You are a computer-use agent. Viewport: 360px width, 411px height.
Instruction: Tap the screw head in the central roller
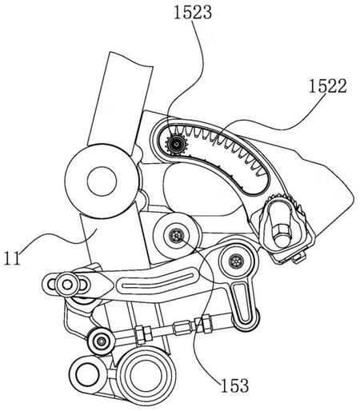click(x=176, y=233)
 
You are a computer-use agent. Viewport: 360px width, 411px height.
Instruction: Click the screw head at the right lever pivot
click(x=234, y=261)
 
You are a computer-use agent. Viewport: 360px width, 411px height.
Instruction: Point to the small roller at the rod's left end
click(x=102, y=340)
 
